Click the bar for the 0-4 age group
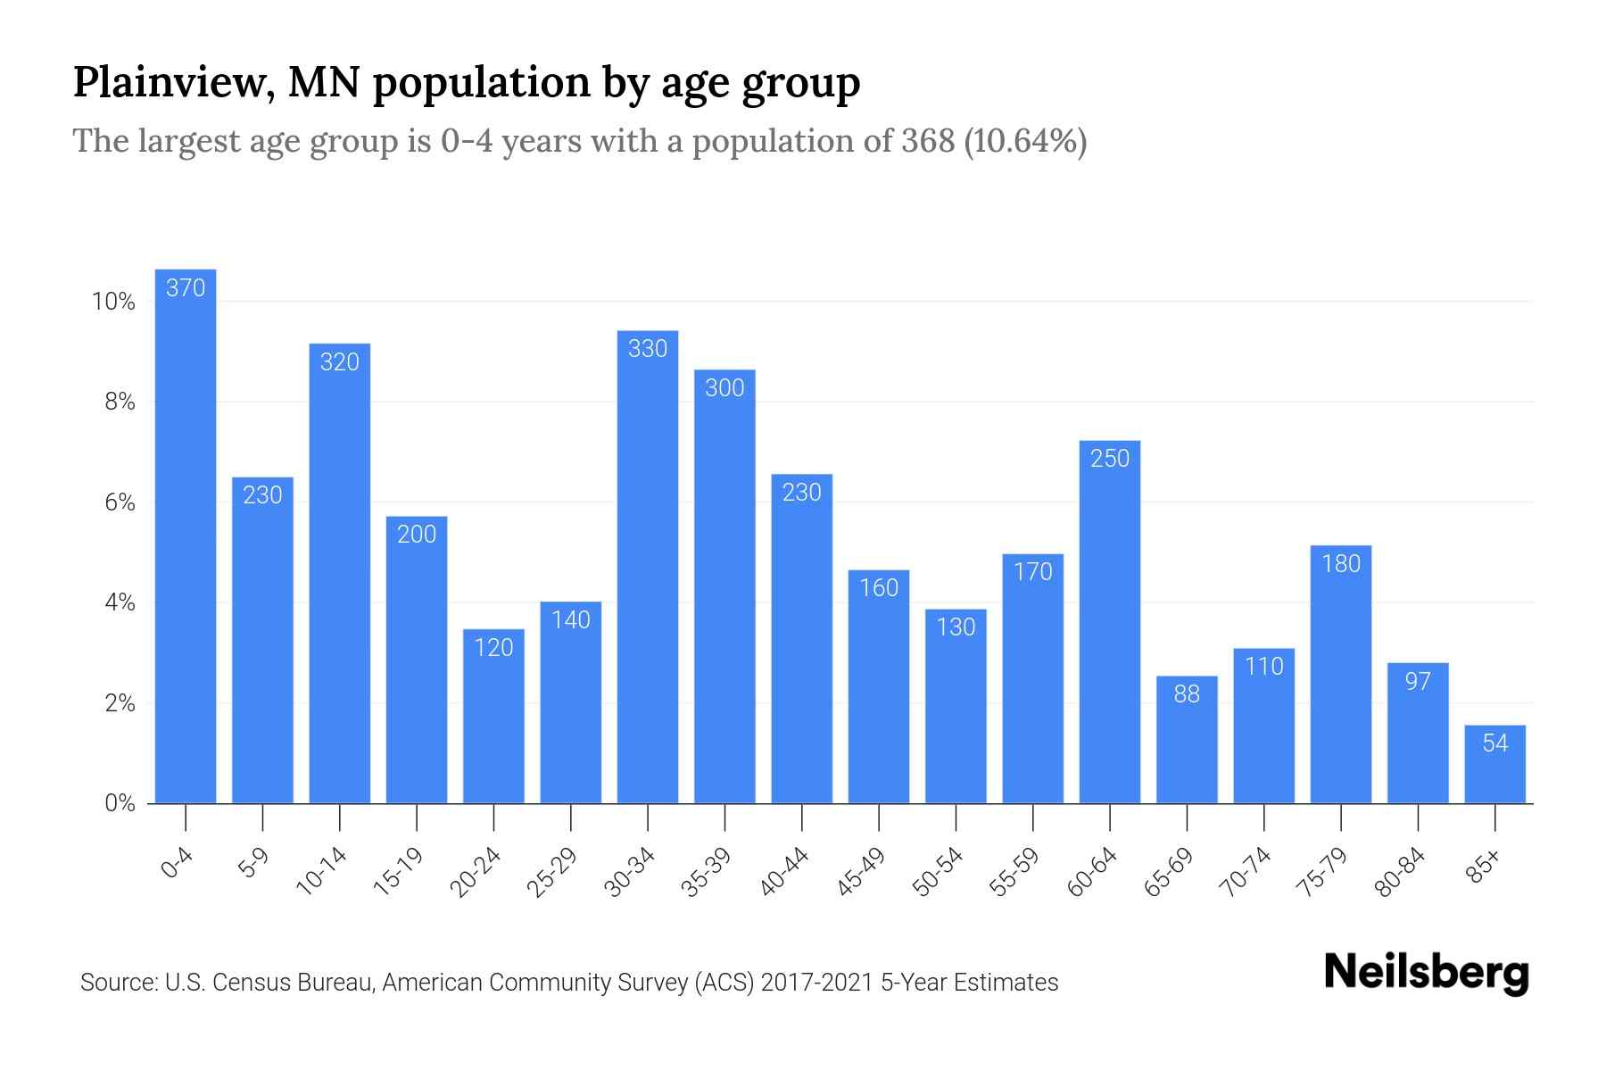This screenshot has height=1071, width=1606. pyautogui.click(x=186, y=535)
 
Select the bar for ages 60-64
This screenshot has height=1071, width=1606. pyautogui.click(x=1110, y=625)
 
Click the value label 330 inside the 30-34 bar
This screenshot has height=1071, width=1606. pyautogui.click(x=648, y=349)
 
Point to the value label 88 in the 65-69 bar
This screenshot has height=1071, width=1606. pyautogui.click(x=1187, y=694)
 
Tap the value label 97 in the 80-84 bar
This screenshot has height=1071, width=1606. pyautogui.click(x=1418, y=682)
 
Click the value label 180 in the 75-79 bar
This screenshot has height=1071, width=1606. pyautogui.click(x=1341, y=564)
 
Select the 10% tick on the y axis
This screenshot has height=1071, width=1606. pyautogui.click(x=113, y=302)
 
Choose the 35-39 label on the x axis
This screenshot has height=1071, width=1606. pyautogui.click(x=706, y=872)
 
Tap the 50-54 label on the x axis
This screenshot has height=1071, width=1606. pyautogui.click(x=937, y=872)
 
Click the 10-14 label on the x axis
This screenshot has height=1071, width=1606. pyautogui.click(x=320, y=872)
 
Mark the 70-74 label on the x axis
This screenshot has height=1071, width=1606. pyautogui.click(x=1245, y=872)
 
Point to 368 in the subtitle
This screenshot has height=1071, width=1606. pyautogui.click(x=927, y=141)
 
